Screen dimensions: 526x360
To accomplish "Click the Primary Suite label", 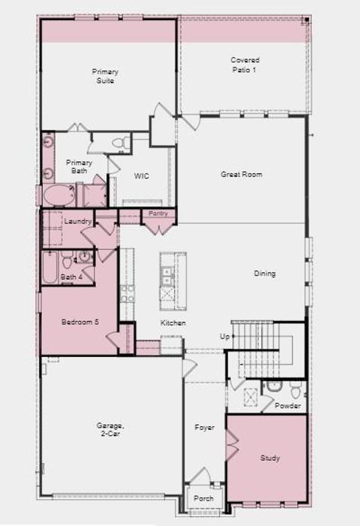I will tap(106, 76).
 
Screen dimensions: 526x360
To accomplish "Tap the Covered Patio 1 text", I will tap(244, 64).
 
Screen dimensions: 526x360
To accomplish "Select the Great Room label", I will tap(241, 174).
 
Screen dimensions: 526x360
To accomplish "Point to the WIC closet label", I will tap(142, 176).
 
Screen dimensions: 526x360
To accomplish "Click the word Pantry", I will tap(158, 214).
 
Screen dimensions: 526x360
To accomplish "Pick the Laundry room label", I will tap(77, 221).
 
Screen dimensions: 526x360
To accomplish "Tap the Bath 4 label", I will tap(72, 277).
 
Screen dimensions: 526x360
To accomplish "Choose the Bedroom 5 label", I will tap(76, 322).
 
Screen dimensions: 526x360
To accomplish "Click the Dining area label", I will tap(265, 274).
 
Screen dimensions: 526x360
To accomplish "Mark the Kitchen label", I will tap(173, 323).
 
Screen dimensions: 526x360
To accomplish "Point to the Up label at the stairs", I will tap(223, 336).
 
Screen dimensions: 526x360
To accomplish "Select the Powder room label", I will tap(287, 406).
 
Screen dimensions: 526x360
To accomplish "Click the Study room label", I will tap(270, 458).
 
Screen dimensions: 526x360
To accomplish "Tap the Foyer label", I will tap(205, 428).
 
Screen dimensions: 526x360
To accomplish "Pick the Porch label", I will tap(203, 498).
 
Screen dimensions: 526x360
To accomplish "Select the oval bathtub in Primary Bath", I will tap(58, 196).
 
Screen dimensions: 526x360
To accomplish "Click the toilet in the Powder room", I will tap(295, 390).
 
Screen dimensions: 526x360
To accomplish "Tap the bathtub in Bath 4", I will tap(49, 267).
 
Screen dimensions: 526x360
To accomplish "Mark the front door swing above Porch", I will tap(199, 476).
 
